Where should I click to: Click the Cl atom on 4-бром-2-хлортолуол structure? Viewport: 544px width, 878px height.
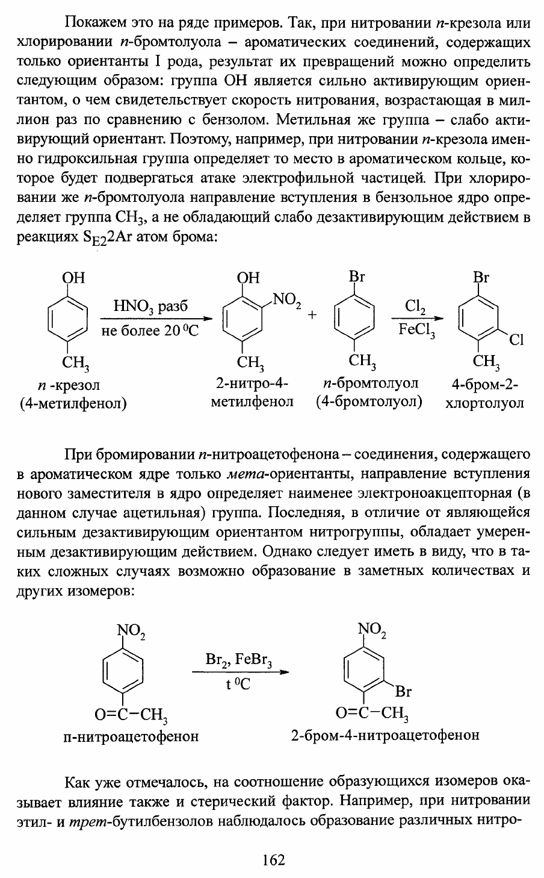516,340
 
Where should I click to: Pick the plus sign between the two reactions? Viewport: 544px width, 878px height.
314,316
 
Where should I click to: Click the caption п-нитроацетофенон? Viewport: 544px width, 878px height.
131,736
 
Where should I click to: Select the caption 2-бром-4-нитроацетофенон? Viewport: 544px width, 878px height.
385,736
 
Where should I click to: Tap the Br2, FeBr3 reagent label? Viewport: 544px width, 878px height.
239,660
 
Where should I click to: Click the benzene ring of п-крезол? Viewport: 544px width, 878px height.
67,318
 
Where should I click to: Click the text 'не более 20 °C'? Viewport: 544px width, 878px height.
150,331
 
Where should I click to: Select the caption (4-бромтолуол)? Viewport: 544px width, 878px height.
369,401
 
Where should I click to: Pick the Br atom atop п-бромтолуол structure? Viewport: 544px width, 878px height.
357,278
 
